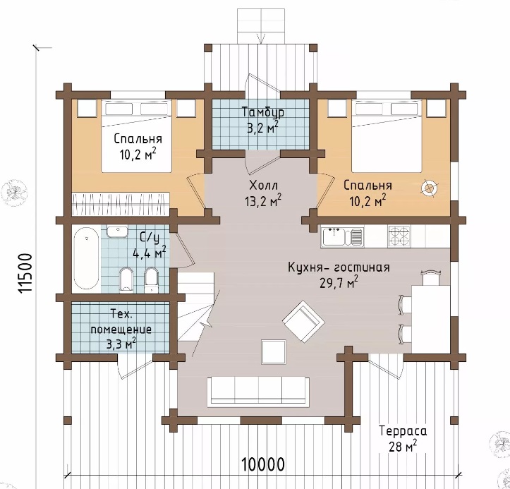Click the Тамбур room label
pos(263,112)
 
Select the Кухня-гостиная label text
pos(339,267)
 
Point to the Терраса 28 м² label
pos(403,439)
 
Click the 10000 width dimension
pos(263,464)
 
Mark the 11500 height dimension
pos(25,273)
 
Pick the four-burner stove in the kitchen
pos(399,236)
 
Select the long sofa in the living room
pos(259,392)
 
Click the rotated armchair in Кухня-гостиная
pos(303,321)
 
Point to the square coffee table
pos(274,352)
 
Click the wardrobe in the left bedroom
pos(121,204)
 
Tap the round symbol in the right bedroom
pos(429,188)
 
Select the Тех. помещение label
pos(121,330)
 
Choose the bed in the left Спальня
pos(136,136)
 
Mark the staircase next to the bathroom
pos(195,306)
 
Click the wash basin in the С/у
pos(117,231)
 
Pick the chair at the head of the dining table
pos(430,277)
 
